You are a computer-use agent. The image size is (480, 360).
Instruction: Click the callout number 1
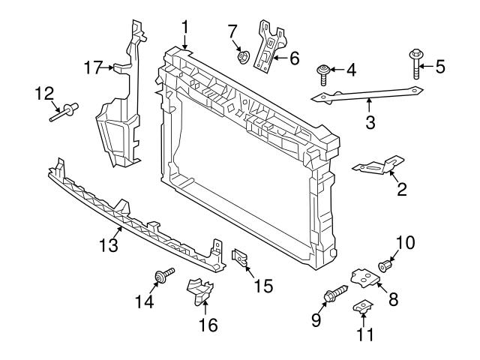click(x=184, y=29)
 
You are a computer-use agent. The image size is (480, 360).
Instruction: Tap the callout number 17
click(x=92, y=68)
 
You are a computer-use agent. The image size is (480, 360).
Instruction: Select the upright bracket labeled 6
click(x=268, y=47)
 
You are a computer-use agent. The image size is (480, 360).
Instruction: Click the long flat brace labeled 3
click(x=367, y=94)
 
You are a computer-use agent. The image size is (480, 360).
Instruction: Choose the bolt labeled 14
click(x=162, y=277)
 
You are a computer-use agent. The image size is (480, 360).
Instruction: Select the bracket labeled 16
click(x=201, y=290)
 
